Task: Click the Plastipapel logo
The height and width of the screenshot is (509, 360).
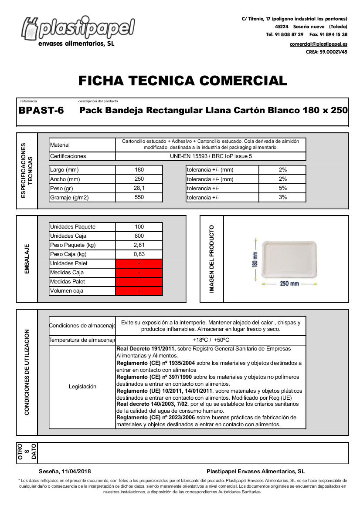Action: pyautogui.click(x=78, y=30)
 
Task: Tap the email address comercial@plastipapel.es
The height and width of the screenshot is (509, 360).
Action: pyautogui.click(x=318, y=44)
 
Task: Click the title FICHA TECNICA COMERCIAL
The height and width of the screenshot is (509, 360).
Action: pyautogui.click(x=183, y=81)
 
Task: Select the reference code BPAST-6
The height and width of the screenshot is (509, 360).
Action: pyautogui.click(x=41, y=111)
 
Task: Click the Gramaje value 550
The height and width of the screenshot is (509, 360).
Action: pyautogui.click(x=139, y=197)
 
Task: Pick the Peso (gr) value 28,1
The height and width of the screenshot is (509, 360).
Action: pyautogui.click(x=139, y=188)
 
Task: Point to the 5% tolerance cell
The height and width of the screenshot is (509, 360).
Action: pyautogui.click(x=282, y=188)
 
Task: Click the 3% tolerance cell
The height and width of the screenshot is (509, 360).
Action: pyautogui.click(x=282, y=197)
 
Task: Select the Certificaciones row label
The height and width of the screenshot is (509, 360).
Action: pyautogui.click(x=68, y=156)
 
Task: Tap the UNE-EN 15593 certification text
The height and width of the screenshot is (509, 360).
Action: pyautogui.click(x=211, y=156)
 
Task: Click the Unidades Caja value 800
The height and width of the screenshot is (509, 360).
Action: pyautogui.click(x=139, y=236)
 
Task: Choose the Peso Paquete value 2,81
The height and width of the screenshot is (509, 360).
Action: pyautogui.click(x=139, y=245)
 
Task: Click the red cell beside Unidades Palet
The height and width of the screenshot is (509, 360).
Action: pyautogui.click(x=139, y=263)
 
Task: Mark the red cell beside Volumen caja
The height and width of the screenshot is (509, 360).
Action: pyautogui.click(x=139, y=291)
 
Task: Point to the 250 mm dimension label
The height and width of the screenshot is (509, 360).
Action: pyautogui.click(x=289, y=283)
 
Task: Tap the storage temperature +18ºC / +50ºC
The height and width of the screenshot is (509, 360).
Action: pyautogui.click(x=211, y=340)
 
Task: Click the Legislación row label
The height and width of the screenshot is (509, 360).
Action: pyautogui.click(x=82, y=387)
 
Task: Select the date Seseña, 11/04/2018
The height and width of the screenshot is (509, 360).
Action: pyautogui.click(x=65, y=472)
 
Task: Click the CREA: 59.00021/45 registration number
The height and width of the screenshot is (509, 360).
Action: pyautogui.click(x=326, y=52)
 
